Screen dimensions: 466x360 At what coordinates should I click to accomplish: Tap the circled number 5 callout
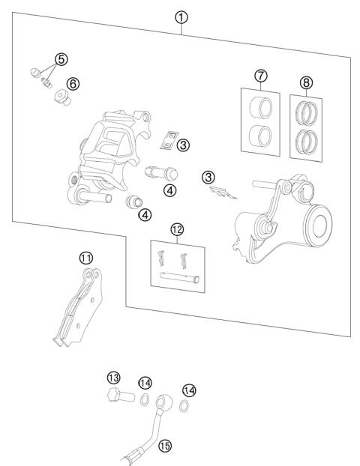coord(61,58)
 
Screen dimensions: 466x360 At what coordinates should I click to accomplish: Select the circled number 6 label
coord(73,84)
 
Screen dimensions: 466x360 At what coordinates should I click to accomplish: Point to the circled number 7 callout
coord(261,76)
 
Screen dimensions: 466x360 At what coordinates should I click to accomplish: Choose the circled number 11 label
coord(87,257)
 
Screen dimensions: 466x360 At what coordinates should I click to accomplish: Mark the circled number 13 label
coord(113,378)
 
